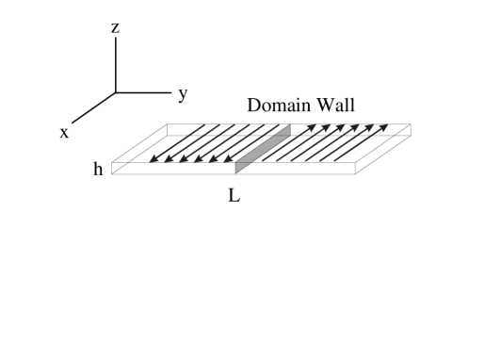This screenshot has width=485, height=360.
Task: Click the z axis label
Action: pyautogui.click(x=115, y=28)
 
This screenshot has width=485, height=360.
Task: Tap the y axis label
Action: pyautogui.click(x=182, y=92)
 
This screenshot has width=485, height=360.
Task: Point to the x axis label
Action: pyautogui.click(x=64, y=133)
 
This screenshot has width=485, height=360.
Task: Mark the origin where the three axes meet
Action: pyautogui.click(x=115, y=92)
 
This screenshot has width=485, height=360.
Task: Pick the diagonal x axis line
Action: pyautogui.click(x=94, y=107)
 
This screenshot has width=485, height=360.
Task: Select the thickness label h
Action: pyautogui.click(x=98, y=171)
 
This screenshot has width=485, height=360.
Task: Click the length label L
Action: pyautogui.click(x=234, y=198)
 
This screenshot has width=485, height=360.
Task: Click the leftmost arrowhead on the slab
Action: pyautogui.click(x=155, y=159)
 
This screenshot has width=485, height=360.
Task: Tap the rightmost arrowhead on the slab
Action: pyautogui.click(x=383, y=126)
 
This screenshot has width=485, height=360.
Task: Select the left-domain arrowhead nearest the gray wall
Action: pyautogui.click(x=228, y=159)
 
